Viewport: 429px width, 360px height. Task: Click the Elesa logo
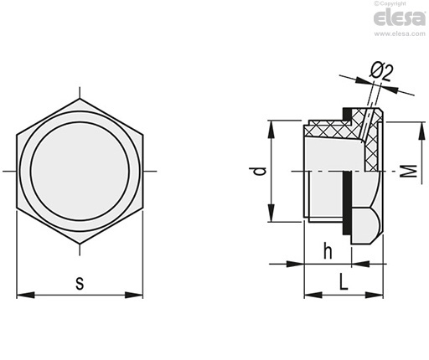pos(400,18)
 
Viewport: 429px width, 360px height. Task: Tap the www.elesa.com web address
pos(400,33)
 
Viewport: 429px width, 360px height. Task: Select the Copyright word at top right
pos(392,3)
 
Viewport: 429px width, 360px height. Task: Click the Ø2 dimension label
pos(381,72)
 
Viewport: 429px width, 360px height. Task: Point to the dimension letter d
pos(261,171)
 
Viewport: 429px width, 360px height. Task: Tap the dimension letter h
pos(328,250)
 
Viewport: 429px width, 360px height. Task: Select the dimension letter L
pos(344,281)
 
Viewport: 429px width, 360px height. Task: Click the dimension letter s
pos(80,284)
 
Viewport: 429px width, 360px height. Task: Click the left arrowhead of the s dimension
pos(26,295)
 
